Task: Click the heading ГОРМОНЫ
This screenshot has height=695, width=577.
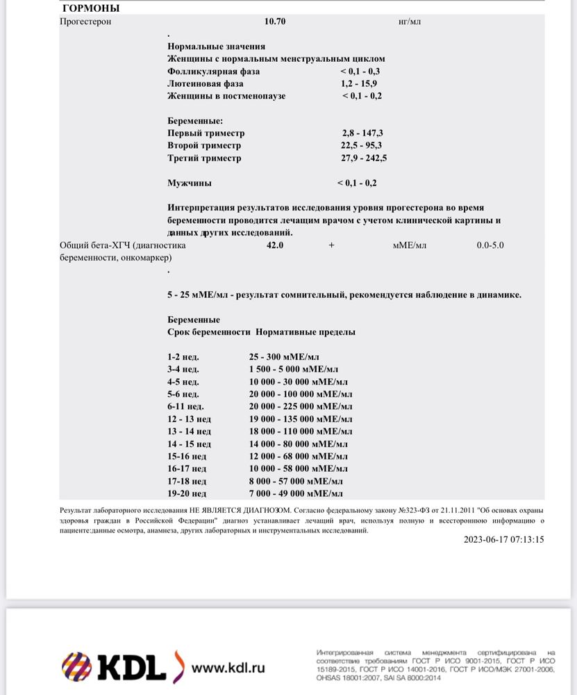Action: click(90, 8)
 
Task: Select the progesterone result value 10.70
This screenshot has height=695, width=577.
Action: click(275, 22)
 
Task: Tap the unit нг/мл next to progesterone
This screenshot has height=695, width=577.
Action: click(410, 22)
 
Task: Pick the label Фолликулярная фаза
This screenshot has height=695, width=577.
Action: click(213, 72)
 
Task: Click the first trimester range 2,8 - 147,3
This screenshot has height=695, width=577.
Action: click(362, 133)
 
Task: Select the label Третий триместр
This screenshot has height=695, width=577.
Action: click(204, 158)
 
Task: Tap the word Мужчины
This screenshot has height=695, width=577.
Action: click(190, 183)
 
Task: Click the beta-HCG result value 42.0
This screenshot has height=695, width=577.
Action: click(275, 245)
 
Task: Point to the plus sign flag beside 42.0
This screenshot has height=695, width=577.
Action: click(331, 245)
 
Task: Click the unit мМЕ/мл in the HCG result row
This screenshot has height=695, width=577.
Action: click(410, 245)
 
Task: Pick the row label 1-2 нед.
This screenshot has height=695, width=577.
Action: click(183, 357)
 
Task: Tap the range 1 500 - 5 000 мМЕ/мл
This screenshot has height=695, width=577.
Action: click(294, 369)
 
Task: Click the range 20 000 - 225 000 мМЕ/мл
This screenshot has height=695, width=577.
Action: click(301, 407)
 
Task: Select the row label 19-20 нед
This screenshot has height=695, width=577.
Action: click(187, 493)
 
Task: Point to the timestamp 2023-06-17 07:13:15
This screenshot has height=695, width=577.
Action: click(503, 539)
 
